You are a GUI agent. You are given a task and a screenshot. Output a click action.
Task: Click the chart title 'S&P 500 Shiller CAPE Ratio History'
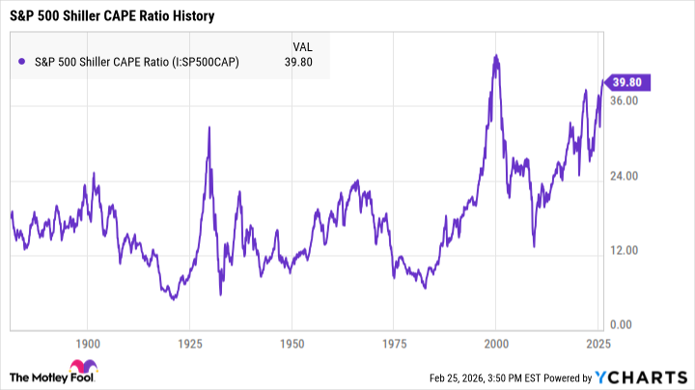(112, 16)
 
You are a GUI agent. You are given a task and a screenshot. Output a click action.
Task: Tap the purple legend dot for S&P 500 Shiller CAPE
(22, 63)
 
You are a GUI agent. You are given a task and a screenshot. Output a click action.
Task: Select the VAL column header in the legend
(302, 45)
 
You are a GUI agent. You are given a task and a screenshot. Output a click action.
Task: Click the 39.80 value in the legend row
(302, 63)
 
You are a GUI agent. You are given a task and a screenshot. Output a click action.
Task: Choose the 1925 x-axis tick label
(190, 343)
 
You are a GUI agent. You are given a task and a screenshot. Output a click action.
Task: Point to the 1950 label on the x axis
(292, 343)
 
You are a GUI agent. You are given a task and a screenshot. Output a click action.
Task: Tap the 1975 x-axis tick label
(394, 343)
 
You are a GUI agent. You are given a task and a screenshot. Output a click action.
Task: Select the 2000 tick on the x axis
(496, 343)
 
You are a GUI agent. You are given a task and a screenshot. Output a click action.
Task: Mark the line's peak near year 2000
(495, 56)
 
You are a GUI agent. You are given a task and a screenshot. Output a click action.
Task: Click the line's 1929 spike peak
(208, 127)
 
